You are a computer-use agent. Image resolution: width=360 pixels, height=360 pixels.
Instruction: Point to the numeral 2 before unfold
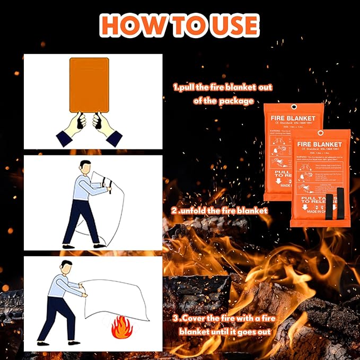175,210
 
